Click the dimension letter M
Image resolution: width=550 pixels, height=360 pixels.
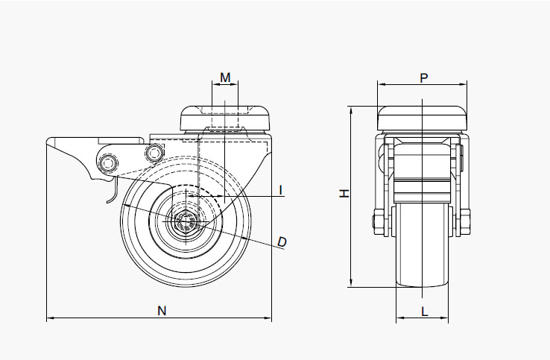tap(225, 78)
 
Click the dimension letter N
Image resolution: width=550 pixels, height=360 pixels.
tap(161, 311)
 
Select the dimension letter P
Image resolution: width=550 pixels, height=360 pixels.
tap(423, 78)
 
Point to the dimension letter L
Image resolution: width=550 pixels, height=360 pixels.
tap(423, 311)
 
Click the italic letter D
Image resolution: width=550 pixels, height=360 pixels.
tap(282, 241)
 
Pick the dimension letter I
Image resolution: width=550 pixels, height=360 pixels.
tap(281, 190)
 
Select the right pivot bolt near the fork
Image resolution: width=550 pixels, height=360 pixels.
tap(154, 154)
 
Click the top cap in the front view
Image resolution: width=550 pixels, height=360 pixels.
tap(423, 118)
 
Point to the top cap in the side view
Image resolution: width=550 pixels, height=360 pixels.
tap(226, 118)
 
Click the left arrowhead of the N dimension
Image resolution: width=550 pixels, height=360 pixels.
tap(49, 319)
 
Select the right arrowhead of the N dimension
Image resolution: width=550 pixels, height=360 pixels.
tap(269, 319)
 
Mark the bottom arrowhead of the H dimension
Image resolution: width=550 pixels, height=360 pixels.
tap(350, 284)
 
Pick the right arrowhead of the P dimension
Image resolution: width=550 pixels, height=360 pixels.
tap(466, 83)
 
